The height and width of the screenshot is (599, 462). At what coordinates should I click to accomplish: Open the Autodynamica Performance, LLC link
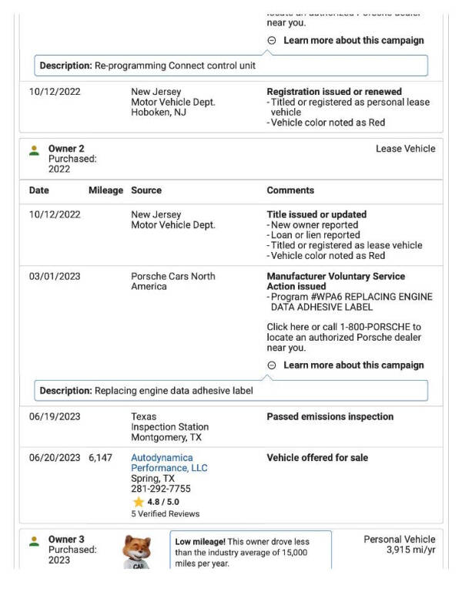(x=168, y=463)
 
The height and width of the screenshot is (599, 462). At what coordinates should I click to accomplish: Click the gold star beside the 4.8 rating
(x=138, y=502)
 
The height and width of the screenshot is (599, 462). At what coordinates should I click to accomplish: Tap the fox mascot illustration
(x=137, y=551)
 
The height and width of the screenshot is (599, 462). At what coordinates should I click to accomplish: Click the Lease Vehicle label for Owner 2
(x=405, y=149)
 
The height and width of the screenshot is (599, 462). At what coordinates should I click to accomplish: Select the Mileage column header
(x=105, y=190)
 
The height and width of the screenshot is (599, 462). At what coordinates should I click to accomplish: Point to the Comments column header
(x=290, y=190)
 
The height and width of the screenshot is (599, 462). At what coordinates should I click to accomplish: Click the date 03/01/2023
(x=55, y=276)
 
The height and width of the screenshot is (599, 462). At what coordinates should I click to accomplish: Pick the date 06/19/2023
(x=55, y=417)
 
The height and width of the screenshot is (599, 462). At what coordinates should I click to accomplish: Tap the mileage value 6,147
(x=100, y=458)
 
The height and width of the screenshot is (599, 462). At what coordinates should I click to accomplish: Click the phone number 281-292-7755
(x=160, y=489)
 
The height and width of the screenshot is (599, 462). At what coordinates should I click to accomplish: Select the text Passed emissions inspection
(x=330, y=417)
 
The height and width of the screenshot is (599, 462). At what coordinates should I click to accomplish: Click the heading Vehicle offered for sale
(x=317, y=458)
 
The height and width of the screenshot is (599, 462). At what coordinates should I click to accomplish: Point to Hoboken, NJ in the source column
(x=159, y=112)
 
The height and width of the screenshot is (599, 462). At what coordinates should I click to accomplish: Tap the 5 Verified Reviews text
(x=165, y=514)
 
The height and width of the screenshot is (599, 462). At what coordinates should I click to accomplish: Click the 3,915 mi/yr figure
(x=410, y=550)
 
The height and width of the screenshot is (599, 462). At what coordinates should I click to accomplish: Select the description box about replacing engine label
(x=231, y=391)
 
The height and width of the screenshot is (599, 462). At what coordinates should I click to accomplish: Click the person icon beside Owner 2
(x=34, y=150)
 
